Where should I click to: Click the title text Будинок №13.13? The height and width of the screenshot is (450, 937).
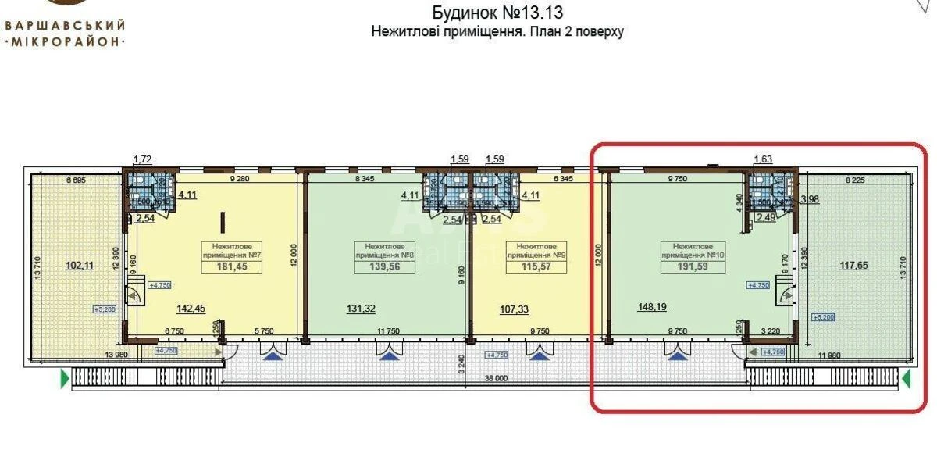[x=497, y=13]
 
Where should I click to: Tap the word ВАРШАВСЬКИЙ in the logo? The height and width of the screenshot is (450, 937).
[x=66, y=24]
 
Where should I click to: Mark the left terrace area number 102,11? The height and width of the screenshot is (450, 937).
[x=79, y=265]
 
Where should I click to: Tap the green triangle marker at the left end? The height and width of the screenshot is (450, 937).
[x=64, y=380]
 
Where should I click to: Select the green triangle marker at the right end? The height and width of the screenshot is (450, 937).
[x=907, y=380]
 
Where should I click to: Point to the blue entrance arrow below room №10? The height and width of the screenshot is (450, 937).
[x=676, y=355]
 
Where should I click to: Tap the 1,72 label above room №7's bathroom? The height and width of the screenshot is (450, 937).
[x=143, y=160]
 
